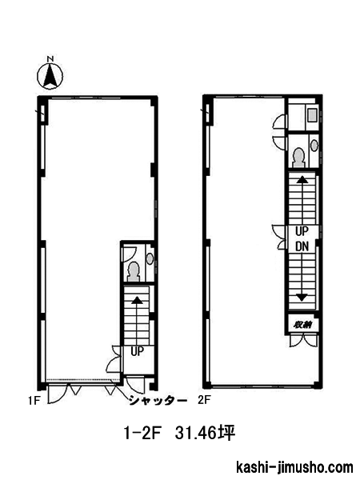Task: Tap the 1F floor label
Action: coord(34,401)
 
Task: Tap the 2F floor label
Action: coord(204,400)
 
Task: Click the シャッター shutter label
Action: coord(158,401)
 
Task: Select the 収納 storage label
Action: coord(302,325)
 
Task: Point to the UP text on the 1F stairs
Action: coord(137,351)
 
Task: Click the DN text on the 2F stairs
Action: coord(302,246)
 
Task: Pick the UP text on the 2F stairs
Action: coord(302,231)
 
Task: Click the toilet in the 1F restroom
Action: coord(134,272)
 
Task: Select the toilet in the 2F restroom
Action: coord(298,158)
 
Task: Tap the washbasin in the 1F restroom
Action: coord(150,259)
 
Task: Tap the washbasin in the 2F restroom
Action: coord(314,145)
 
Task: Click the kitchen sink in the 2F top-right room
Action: coord(313,116)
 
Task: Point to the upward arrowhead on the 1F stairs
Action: coord(137,300)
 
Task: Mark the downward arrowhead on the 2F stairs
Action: coord(302,298)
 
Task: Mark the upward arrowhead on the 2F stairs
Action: coord(302,179)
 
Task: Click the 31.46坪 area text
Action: coord(205,433)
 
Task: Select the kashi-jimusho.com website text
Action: coord(294,467)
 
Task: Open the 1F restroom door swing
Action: coord(129,254)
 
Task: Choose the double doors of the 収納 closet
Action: coord(302,341)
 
